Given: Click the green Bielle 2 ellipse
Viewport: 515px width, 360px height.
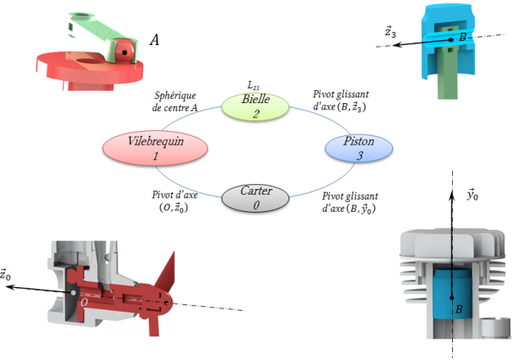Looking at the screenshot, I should pyautogui.click(x=256, y=107).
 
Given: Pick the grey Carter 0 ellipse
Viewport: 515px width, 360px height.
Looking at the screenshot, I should pyautogui.click(x=256, y=198).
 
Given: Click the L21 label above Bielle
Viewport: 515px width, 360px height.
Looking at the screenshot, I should pyautogui.click(x=254, y=85).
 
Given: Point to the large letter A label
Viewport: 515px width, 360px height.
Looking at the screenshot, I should pyautogui.click(x=154, y=38).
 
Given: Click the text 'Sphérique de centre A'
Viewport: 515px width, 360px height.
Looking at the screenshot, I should pyautogui.click(x=175, y=102).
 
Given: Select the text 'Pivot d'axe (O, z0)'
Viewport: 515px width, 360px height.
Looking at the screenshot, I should pyautogui.click(x=175, y=201).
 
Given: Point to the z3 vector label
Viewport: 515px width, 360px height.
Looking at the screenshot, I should pyautogui.click(x=392, y=32).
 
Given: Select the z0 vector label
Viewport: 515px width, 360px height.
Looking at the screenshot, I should pyautogui.click(x=8, y=275).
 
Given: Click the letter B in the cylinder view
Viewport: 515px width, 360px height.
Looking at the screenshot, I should pyautogui.click(x=459, y=310).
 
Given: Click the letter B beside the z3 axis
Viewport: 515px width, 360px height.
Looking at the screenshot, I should pyautogui.click(x=463, y=38).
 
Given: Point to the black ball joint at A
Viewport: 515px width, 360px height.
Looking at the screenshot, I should pyautogui.click(x=124, y=52).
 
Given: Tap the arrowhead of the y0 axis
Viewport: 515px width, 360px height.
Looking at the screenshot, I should pyautogui.click(x=452, y=191).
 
